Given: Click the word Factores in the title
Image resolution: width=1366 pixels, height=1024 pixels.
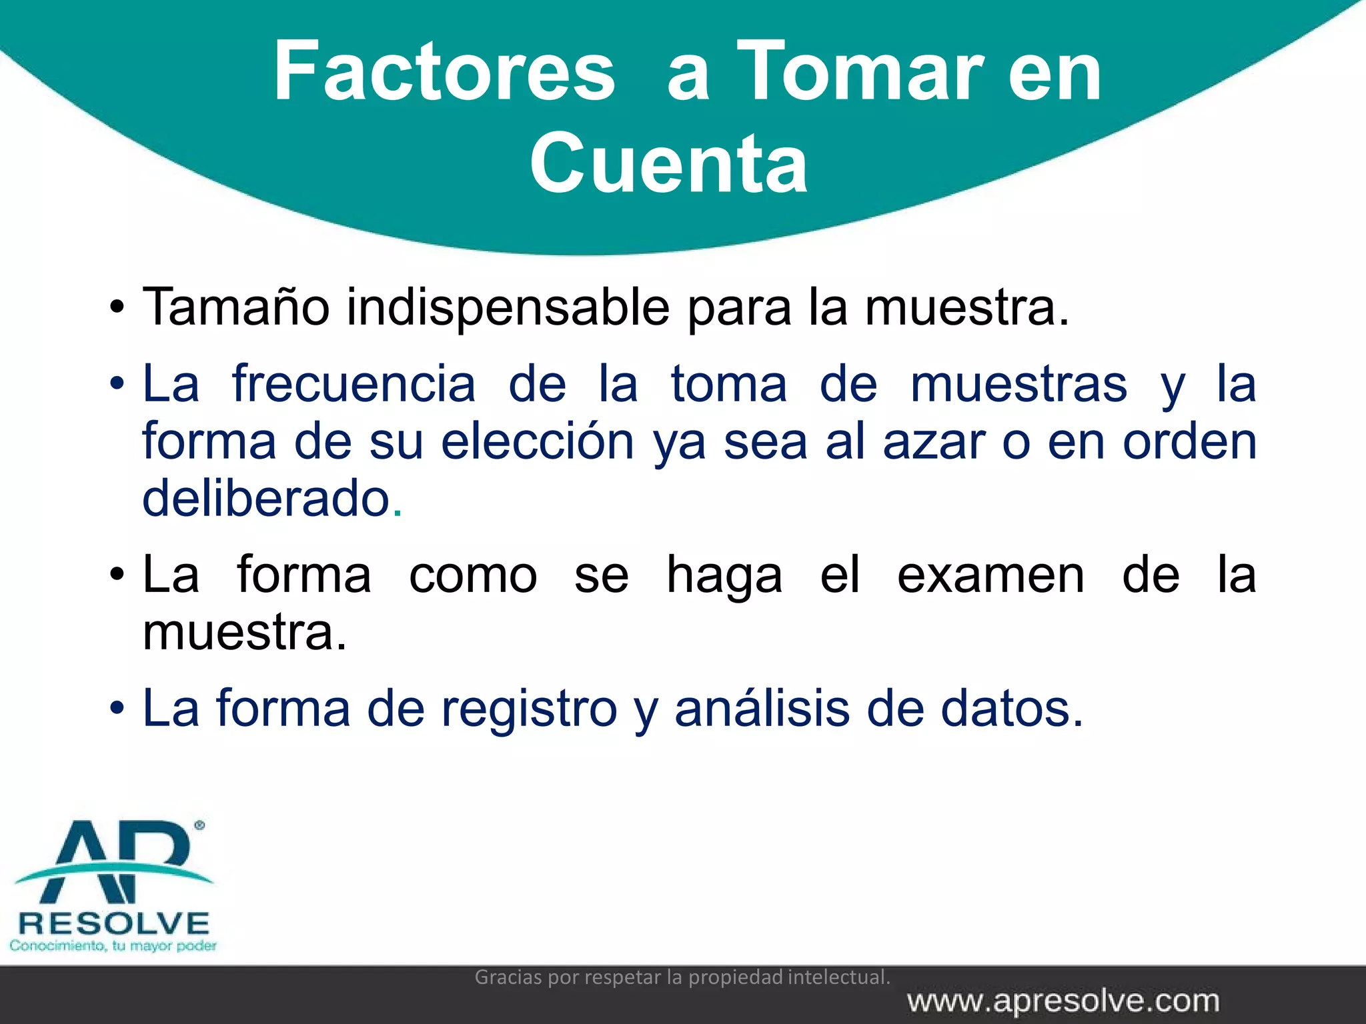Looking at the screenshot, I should pos(444,72).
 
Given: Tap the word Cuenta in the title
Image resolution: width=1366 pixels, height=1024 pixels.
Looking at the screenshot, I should pos(668,164).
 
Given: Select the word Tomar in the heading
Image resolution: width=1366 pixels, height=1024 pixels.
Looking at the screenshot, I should pos(860,72).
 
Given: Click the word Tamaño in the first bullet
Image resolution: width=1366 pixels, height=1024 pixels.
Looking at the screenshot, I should pos(236,307).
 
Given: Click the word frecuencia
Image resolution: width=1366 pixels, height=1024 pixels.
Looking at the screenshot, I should pos(354,384).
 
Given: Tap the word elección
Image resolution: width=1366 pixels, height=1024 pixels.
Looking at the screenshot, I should pos(538,442).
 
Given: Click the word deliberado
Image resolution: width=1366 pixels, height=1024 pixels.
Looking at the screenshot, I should pos(266,499).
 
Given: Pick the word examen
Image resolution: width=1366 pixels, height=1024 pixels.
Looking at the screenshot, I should pos(990,575).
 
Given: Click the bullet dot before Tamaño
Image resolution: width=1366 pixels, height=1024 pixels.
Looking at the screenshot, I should pos(117,309).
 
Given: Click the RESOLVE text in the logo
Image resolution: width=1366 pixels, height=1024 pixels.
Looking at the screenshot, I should pos(114,924).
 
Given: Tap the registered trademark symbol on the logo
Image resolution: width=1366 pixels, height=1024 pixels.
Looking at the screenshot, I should pos(199,825).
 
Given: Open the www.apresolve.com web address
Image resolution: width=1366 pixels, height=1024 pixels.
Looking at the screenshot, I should pos(1063,1001).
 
